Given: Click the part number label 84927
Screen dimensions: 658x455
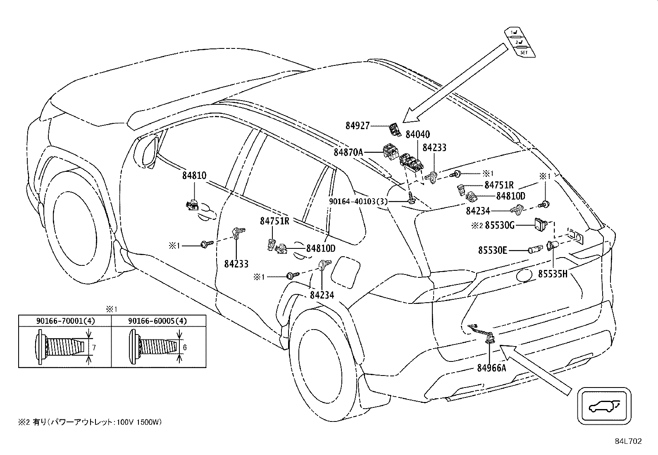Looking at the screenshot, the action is pyautogui.click(x=358, y=126).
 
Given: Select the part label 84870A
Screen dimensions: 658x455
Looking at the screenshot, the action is pyautogui.click(x=348, y=152).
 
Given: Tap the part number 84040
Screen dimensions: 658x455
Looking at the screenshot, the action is pyautogui.click(x=418, y=134).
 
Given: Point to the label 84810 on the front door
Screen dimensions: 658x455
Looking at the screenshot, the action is pyautogui.click(x=194, y=176).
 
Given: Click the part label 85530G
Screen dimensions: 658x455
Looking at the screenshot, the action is pyautogui.click(x=500, y=226).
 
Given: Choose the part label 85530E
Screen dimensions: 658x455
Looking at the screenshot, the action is pyautogui.click(x=493, y=250).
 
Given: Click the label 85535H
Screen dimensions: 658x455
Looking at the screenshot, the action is pyautogui.click(x=553, y=274).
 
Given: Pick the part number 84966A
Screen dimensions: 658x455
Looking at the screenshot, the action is pyautogui.click(x=492, y=368).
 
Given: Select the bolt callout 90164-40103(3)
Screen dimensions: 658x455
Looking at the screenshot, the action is pyautogui.click(x=358, y=202).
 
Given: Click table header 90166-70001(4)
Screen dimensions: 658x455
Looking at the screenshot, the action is pyautogui.click(x=65, y=320).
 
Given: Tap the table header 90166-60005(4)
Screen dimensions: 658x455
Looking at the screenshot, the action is pyautogui.click(x=157, y=320).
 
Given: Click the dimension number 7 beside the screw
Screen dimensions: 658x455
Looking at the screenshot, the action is pyautogui.click(x=94, y=348).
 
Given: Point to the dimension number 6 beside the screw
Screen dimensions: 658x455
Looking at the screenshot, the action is pyautogui.click(x=185, y=348).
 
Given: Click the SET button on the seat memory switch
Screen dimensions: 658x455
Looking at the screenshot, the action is pyautogui.click(x=524, y=53).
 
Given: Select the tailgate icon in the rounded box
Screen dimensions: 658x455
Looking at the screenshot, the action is pyautogui.click(x=604, y=406).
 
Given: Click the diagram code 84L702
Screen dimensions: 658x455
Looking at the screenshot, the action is pyautogui.click(x=628, y=441).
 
